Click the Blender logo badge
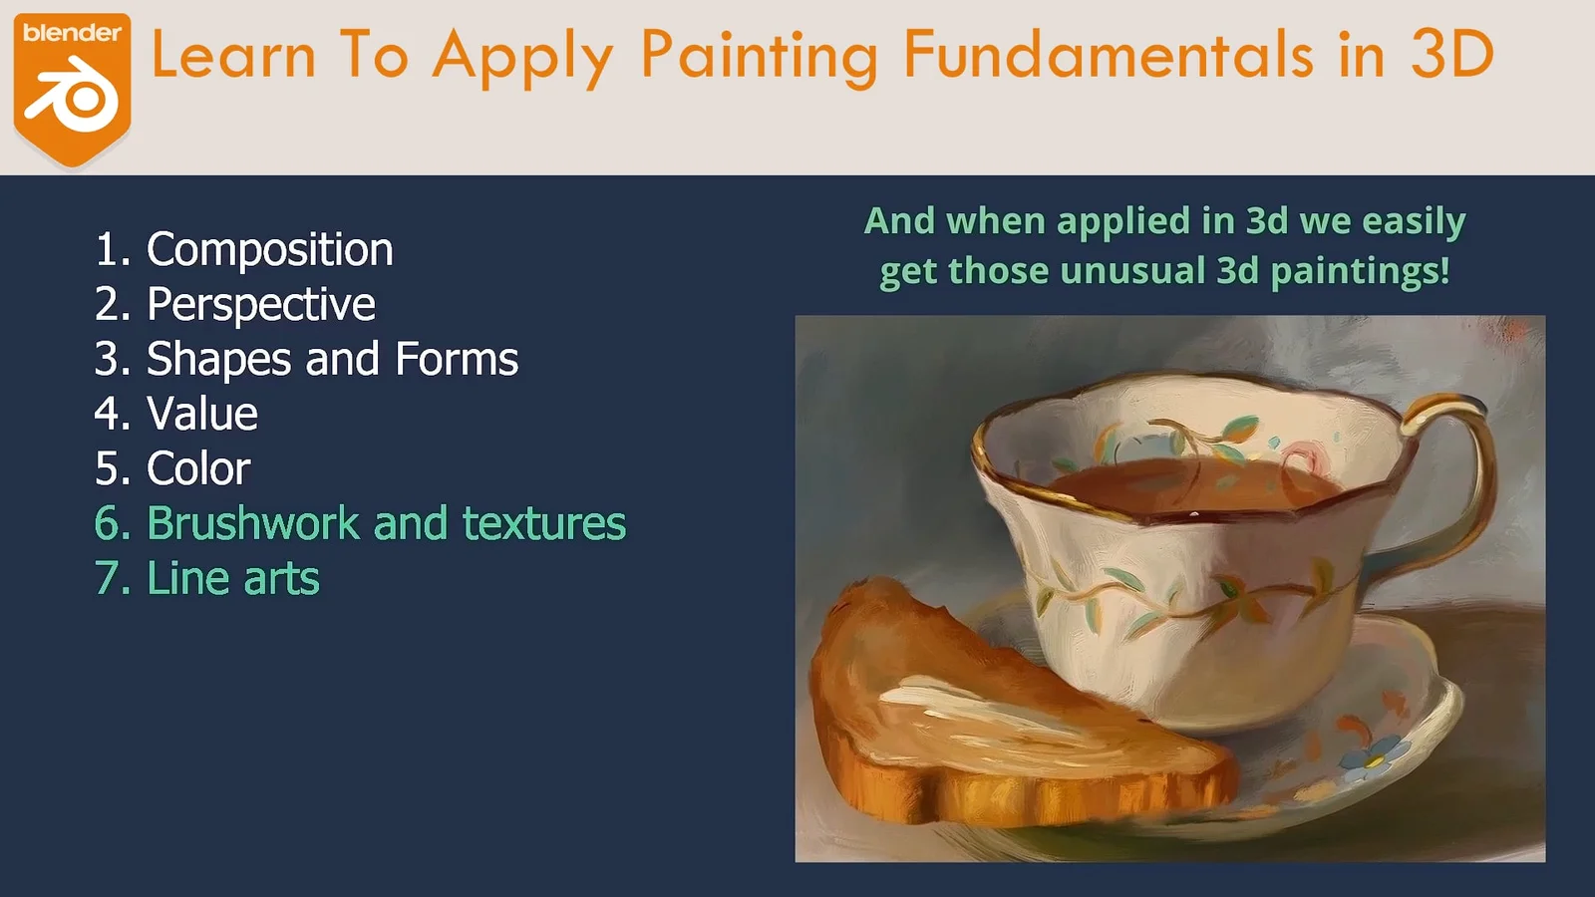(72, 88)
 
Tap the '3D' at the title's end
(1451, 55)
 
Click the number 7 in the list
(107, 578)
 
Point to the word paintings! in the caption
(1360, 271)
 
